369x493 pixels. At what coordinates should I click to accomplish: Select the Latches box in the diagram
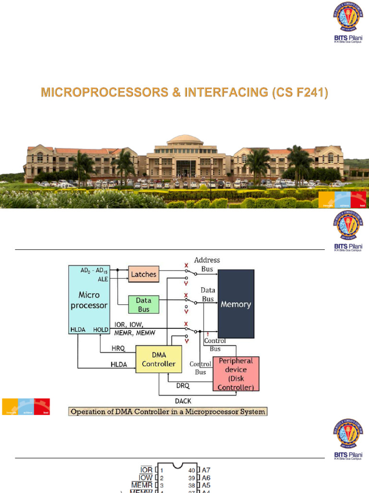coord(144,274)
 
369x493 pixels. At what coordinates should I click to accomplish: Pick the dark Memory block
coord(235,304)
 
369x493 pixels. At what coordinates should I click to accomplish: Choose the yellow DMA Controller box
coord(159,359)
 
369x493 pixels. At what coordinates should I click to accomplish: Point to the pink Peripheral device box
coord(235,374)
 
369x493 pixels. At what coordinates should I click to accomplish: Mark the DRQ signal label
coord(183,386)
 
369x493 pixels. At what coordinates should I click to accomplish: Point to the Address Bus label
coord(207,264)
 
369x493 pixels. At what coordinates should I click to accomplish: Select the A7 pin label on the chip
coord(207,469)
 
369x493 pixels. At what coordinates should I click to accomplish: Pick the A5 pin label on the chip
coord(207,486)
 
